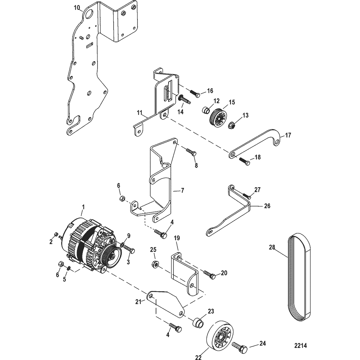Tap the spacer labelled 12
(x=206, y=110)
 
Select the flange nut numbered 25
(x=155, y=265)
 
